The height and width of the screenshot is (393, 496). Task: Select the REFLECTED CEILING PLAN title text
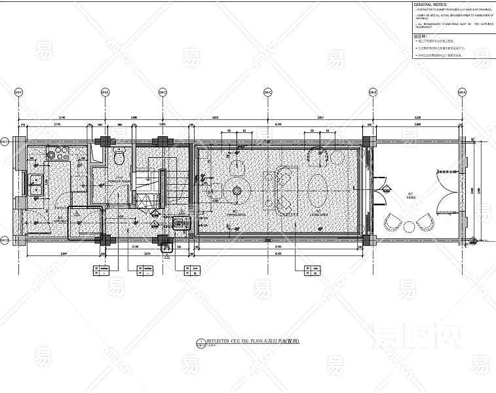(252, 342)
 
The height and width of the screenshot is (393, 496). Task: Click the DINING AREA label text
(235, 214)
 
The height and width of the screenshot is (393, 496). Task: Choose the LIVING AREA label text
(320, 214)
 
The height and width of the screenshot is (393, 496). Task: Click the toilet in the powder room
(119, 157)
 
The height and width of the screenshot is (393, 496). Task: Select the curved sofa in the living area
(287, 190)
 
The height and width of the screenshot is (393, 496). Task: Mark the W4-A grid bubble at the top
(461, 92)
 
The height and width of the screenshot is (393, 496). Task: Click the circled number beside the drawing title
(200, 343)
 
